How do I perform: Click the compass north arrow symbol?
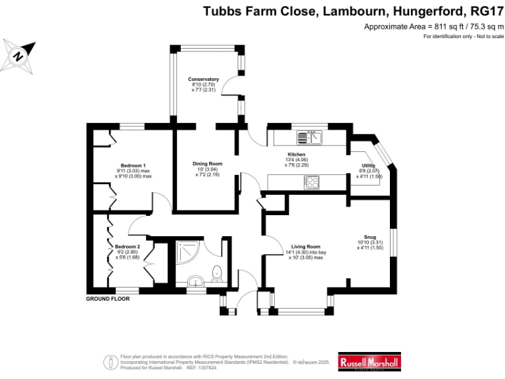point(20,55)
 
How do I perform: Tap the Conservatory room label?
point(203,79)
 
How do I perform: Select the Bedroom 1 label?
point(133,165)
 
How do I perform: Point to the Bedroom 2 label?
point(128,246)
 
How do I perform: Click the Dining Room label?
point(207,164)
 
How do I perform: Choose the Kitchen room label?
point(297,154)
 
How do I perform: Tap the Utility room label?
point(368,166)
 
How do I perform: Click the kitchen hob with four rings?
point(311,184)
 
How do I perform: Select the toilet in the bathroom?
point(216,274)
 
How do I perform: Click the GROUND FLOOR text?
point(108,299)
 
